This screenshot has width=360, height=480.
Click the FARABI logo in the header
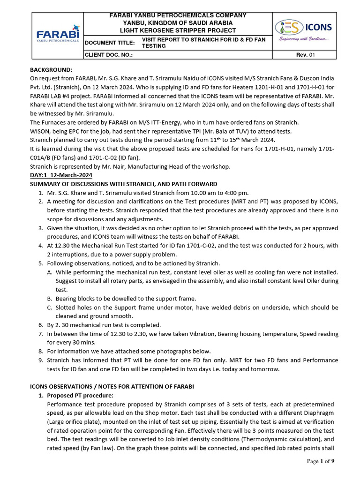point(58,36)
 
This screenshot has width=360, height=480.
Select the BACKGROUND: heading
point(52,70)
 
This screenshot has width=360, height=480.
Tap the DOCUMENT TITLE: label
point(110,43)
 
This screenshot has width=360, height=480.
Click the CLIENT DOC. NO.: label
point(108,55)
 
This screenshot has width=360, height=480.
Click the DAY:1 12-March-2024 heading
point(61,175)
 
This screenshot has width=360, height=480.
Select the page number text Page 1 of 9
point(321,461)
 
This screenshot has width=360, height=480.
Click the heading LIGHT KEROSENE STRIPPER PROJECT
point(178,30)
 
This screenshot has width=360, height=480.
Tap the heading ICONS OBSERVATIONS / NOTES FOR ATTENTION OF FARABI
point(112,386)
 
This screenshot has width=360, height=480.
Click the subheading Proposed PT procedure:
point(80,396)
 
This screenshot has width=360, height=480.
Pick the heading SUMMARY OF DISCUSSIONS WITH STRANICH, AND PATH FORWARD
point(123,184)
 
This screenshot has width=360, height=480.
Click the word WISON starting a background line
point(41,131)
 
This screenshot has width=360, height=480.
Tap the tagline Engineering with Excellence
point(304,39)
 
